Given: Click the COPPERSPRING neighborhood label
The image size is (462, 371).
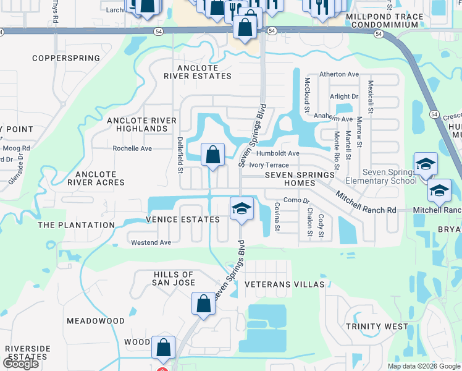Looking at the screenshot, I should (66, 58).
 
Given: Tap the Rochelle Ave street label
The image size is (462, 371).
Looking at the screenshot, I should (132, 148).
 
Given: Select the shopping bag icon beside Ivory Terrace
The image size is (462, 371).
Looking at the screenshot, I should (212, 155).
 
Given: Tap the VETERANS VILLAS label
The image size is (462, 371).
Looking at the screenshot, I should (284, 284).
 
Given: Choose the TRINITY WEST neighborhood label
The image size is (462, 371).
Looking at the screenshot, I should (377, 326).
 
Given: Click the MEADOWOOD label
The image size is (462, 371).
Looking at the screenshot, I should (96, 321).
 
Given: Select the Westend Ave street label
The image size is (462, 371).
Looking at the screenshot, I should (151, 242).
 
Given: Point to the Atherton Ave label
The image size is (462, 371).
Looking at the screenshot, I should (339, 74).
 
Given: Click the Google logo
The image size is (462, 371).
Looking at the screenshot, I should (21, 364).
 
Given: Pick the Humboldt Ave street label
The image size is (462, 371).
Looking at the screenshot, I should (279, 153).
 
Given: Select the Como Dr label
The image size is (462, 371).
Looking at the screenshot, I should (296, 200).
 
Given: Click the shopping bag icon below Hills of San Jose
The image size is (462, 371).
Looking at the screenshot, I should (204, 304).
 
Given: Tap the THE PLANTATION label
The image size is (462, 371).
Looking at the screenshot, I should (77, 225).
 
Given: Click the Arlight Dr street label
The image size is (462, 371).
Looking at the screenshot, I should (344, 96).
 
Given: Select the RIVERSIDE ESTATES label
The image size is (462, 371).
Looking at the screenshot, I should (27, 353).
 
